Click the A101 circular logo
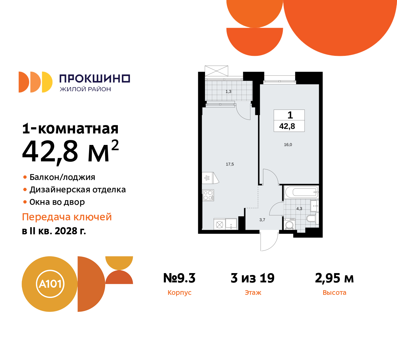coord(50,284)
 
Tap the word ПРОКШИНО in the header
coord(95,79)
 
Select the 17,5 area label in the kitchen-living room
coord(230,164)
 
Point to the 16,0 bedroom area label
coord(288,145)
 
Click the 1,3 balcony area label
coord(229,92)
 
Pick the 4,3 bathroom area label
coord(299,209)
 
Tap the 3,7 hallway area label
coord(262,220)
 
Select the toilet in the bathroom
coord(311,219)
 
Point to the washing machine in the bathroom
coord(290,225)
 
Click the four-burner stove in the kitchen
coord(208,195)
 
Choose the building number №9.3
coord(179,278)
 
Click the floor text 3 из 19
coord(252,278)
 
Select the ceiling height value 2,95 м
coord(334,278)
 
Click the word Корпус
coord(179,293)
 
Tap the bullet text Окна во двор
coord(57,202)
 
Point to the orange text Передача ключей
coord(67,217)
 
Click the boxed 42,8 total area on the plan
coord(287,126)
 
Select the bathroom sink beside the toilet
coord(314,206)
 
